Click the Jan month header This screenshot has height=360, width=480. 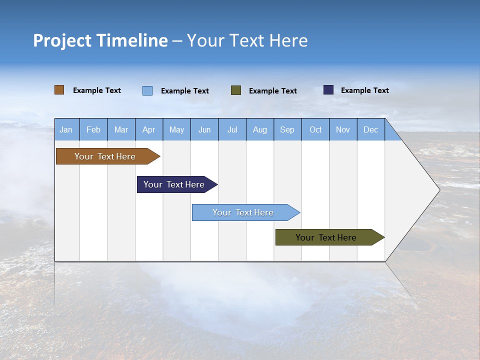click(66, 129)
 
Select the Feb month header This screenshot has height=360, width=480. click(93, 129)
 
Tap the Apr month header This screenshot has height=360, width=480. click(149, 129)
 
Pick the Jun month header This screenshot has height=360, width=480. click(204, 129)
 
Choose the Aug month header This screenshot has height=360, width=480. click(260, 129)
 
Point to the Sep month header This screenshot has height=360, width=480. click(287, 129)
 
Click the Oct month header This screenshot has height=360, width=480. click(315, 129)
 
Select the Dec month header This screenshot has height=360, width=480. click(371, 129)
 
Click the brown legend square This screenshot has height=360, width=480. click(59, 90)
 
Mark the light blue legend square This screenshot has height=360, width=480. click(147, 90)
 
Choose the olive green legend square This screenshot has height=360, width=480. click(236, 90)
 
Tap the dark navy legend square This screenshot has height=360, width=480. click(328, 90)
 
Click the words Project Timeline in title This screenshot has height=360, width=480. click(100, 40)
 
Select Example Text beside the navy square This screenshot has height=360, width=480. click(365, 90)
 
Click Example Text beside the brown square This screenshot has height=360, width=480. click(97, 90)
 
